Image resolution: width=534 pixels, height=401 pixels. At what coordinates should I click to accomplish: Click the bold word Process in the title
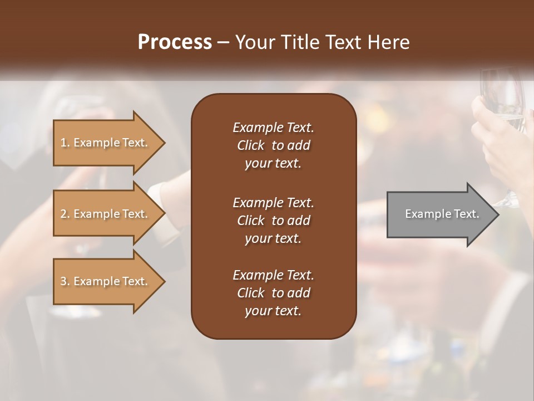(175, 42)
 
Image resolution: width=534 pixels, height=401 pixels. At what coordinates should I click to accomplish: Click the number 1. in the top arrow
(65, 143)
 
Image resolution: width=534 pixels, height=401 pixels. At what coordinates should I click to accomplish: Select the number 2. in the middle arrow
(65, 214)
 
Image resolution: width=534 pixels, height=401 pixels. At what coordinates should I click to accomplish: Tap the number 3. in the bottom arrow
(65, 281)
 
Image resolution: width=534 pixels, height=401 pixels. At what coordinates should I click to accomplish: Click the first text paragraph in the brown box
(273, 145)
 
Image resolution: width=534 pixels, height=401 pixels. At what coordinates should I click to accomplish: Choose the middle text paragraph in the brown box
(273, 221)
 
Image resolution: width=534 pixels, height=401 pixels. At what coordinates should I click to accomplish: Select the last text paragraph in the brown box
(273, 293)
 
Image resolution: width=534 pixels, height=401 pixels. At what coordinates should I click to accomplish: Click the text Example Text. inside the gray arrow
(442, 214)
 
